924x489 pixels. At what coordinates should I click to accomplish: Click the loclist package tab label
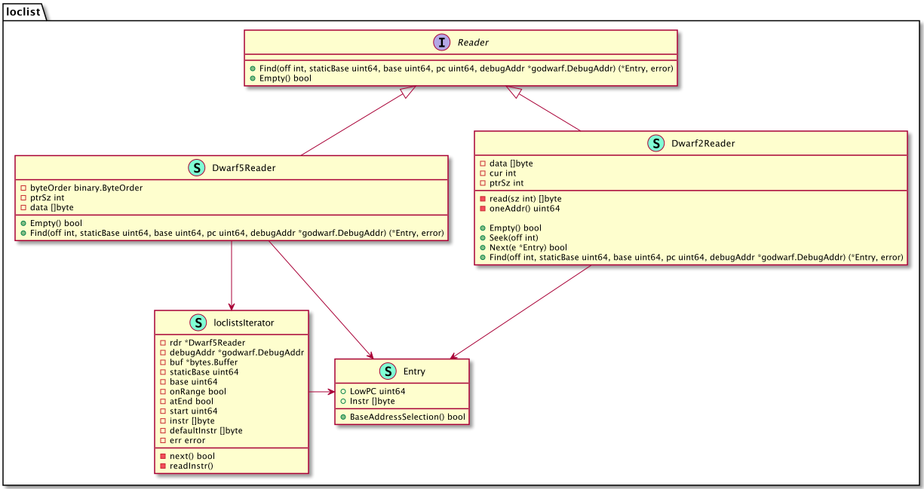[x=23, y=11]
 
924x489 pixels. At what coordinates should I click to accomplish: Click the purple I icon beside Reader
[x=441, y=42]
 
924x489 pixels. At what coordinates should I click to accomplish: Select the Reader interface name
[x=473, y=42]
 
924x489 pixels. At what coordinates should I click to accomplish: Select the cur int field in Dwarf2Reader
[x=502, y=173]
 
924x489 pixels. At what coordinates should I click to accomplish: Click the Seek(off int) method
[x=514, y=238]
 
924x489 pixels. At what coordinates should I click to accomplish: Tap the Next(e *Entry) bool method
[x=528, y=248]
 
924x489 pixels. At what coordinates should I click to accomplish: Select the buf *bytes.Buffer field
[x=204, y=362]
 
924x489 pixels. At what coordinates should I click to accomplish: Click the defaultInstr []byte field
[x=206, y=431]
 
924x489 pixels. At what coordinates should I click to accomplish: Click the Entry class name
[x=414, y=371]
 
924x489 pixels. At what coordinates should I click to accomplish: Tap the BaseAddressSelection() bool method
[x=407, y=417]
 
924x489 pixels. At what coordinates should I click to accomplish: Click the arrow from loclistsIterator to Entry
[x=321, y=393]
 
